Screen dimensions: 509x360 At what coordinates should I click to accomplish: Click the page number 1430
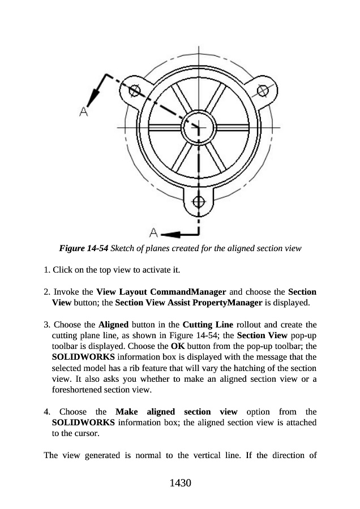179,484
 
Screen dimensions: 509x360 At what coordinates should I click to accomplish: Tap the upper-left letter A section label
84,111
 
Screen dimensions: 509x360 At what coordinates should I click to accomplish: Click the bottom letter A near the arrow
153,232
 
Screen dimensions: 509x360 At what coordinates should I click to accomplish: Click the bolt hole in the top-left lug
135,90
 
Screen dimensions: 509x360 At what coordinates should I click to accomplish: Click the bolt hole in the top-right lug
263,90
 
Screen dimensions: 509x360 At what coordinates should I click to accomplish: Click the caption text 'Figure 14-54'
84,248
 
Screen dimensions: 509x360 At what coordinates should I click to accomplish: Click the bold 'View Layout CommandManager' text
161,292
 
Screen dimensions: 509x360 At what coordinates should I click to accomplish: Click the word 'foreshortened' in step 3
76,390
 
